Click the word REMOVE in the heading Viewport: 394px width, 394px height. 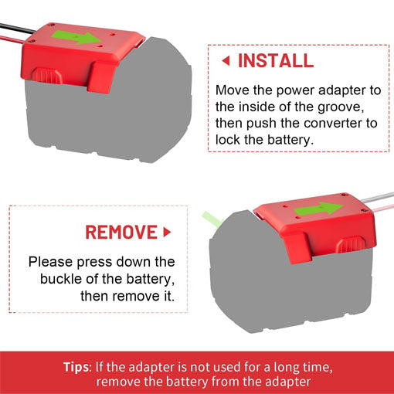(x=120, y=232)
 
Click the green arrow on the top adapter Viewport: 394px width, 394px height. (x=82, y=37)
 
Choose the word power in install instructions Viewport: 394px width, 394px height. (x=296, y=90)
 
